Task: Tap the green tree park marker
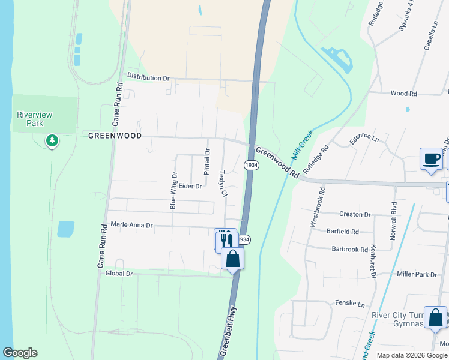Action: click(52, 141)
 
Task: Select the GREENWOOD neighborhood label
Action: click(115, 136)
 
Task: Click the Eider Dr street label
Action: click(190, 187)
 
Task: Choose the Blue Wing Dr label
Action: click(173, 190)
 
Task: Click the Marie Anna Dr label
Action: click(132, 226)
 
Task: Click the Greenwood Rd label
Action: click(277, 163)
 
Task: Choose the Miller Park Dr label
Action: click(417, 274)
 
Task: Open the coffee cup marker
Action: click(430, 159)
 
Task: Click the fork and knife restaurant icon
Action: click(226, 241)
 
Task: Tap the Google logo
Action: click(20, 353)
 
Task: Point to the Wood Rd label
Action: click(403, 94)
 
